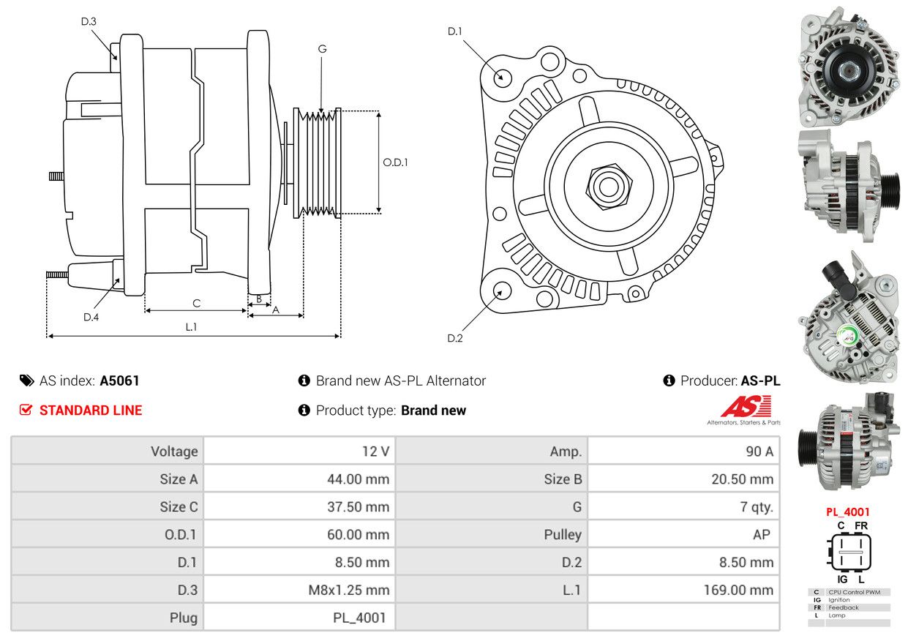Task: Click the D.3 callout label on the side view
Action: point(89,21)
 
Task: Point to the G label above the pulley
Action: point(322,49)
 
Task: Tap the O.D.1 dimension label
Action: point(395,162)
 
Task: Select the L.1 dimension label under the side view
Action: point(191,327)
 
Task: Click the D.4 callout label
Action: point(91,317)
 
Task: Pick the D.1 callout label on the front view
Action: point(455,31)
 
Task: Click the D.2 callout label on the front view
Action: point(455,338)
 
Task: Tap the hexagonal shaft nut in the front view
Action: point(609,187)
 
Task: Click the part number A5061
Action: point(119,381)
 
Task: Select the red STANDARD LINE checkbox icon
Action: point(26,410)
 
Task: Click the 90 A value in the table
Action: point(759,451)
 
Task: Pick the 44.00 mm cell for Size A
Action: point(358,479)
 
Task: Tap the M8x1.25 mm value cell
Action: point(348,590)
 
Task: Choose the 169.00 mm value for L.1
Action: point(738,590)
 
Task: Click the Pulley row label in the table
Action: point(563,534)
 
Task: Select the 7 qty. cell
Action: point(757,507)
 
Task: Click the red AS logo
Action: point(746,406)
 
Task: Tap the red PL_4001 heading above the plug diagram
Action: point(847,511)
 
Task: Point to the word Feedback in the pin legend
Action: point(843,607)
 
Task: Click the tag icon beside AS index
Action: point(27,381)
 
